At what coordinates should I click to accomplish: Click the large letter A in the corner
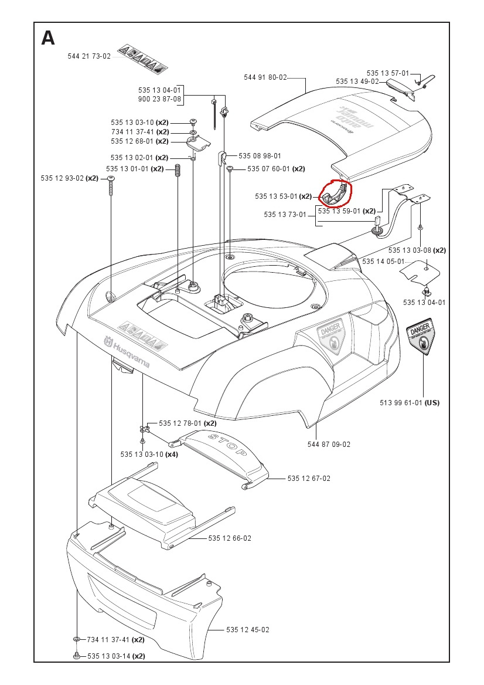pos(48,38)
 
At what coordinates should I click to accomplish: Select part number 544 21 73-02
pos(88,56)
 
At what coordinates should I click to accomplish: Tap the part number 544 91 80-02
pos(265,77)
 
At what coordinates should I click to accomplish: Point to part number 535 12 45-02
pos(248,630)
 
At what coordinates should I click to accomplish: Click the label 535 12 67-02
pos(309,479)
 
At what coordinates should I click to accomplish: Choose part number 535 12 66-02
pos(230,538)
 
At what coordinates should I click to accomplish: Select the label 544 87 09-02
pos(329,444)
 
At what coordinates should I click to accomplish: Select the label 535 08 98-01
pos(260,156)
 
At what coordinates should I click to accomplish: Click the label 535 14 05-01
pos(383,262)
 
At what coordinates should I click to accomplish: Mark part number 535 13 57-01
pos(388,73)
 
